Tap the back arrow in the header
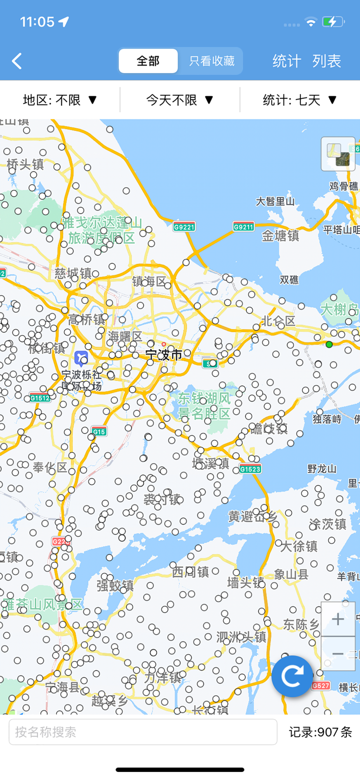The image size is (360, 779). (17, 61)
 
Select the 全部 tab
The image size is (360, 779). (148, 61)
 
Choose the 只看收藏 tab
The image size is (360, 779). (211, 61)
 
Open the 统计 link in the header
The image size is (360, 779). (286, 61)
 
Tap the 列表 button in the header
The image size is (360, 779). (326, 61)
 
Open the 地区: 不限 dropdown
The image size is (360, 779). (60, 100)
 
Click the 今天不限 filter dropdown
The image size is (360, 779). (180, 100)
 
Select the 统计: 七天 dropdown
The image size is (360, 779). (300, 100)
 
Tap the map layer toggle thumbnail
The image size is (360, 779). (338, 153)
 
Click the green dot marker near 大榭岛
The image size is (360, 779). (329, 344)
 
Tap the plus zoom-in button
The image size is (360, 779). (338, 619)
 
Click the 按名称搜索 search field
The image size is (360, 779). (143, 732)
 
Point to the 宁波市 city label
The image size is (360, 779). (164, 355)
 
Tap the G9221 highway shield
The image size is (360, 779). (184, 227)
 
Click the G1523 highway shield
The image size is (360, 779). (250, 468)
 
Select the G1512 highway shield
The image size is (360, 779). (39, 398)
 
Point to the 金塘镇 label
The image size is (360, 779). (280, 236)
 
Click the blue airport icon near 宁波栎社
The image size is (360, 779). (81, 358)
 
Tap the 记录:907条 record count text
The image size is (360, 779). (320, 732)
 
